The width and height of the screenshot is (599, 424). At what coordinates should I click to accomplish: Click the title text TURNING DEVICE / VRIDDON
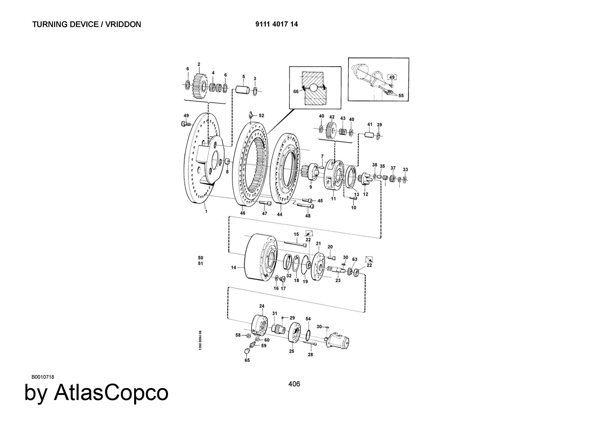click(87, 24)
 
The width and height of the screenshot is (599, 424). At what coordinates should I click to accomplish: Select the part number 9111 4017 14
click(276, 24)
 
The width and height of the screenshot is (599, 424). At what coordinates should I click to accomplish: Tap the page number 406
click(294, 384)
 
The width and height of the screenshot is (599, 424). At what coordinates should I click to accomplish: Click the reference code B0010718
click(43, 377)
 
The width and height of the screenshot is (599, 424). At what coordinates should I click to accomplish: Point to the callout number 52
click(261, 115)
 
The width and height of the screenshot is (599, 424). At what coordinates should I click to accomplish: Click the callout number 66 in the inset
click(296, 91)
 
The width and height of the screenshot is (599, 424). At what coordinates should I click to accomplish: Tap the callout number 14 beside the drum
click(234, 267)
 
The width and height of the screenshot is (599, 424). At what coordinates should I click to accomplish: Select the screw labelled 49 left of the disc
click(186, 124)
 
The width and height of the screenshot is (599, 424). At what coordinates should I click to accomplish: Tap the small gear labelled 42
click(331, 129)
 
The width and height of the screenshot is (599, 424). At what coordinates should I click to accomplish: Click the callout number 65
click(247, 360)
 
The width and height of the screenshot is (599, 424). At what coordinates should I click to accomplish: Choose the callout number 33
click(405, 170)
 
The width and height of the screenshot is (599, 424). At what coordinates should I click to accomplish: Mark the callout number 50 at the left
click(201, 258)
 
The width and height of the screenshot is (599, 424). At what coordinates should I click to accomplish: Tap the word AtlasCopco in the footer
click(111, 392)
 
